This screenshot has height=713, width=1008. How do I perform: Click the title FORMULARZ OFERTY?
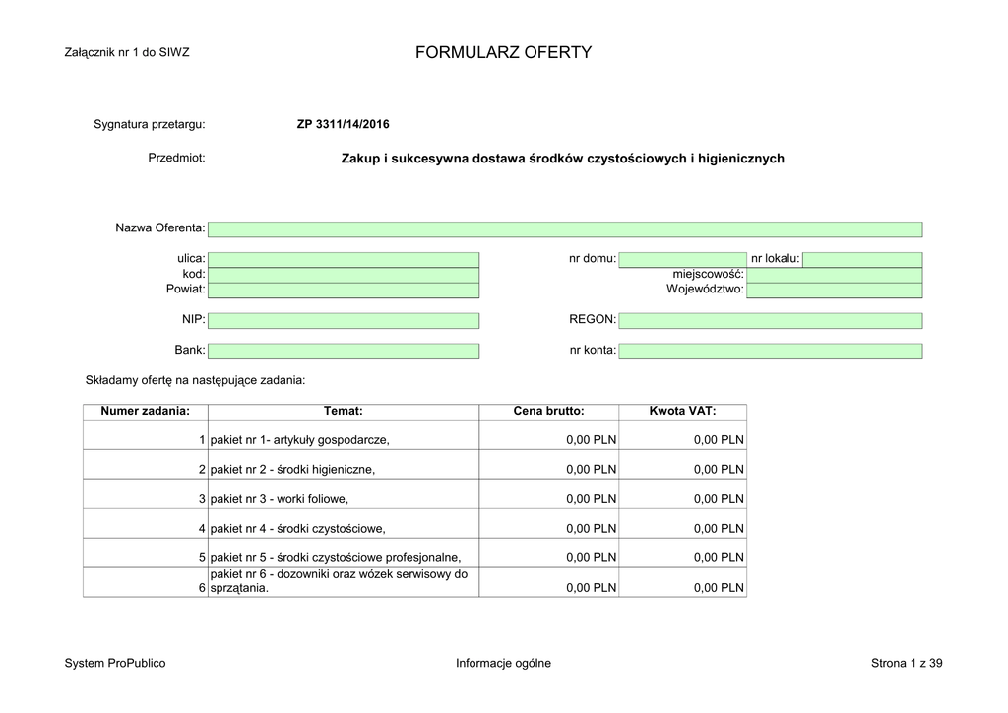503,52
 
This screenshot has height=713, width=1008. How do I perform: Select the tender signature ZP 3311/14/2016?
343,124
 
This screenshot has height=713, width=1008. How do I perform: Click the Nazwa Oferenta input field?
565,229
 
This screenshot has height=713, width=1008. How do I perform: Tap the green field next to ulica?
344,259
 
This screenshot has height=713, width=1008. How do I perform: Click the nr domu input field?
682,259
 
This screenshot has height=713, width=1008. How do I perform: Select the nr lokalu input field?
862,259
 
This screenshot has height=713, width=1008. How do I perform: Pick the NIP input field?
344,320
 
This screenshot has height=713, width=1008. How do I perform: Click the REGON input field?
770,320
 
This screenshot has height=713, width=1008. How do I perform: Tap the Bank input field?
344,351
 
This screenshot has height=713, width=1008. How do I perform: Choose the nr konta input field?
770,351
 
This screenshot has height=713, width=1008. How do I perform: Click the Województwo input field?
835,290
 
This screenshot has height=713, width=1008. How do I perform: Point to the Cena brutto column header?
548,412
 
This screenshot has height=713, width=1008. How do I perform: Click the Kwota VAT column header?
682,412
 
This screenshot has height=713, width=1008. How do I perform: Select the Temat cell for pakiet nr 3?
344,498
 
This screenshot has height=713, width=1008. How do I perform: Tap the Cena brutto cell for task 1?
548,439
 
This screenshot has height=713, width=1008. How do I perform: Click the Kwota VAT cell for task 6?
682,587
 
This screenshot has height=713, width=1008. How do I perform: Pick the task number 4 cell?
145,528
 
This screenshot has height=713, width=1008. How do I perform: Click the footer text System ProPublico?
115,663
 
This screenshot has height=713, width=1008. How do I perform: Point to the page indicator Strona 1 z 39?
907,663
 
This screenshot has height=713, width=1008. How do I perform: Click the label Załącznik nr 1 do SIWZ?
126,53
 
